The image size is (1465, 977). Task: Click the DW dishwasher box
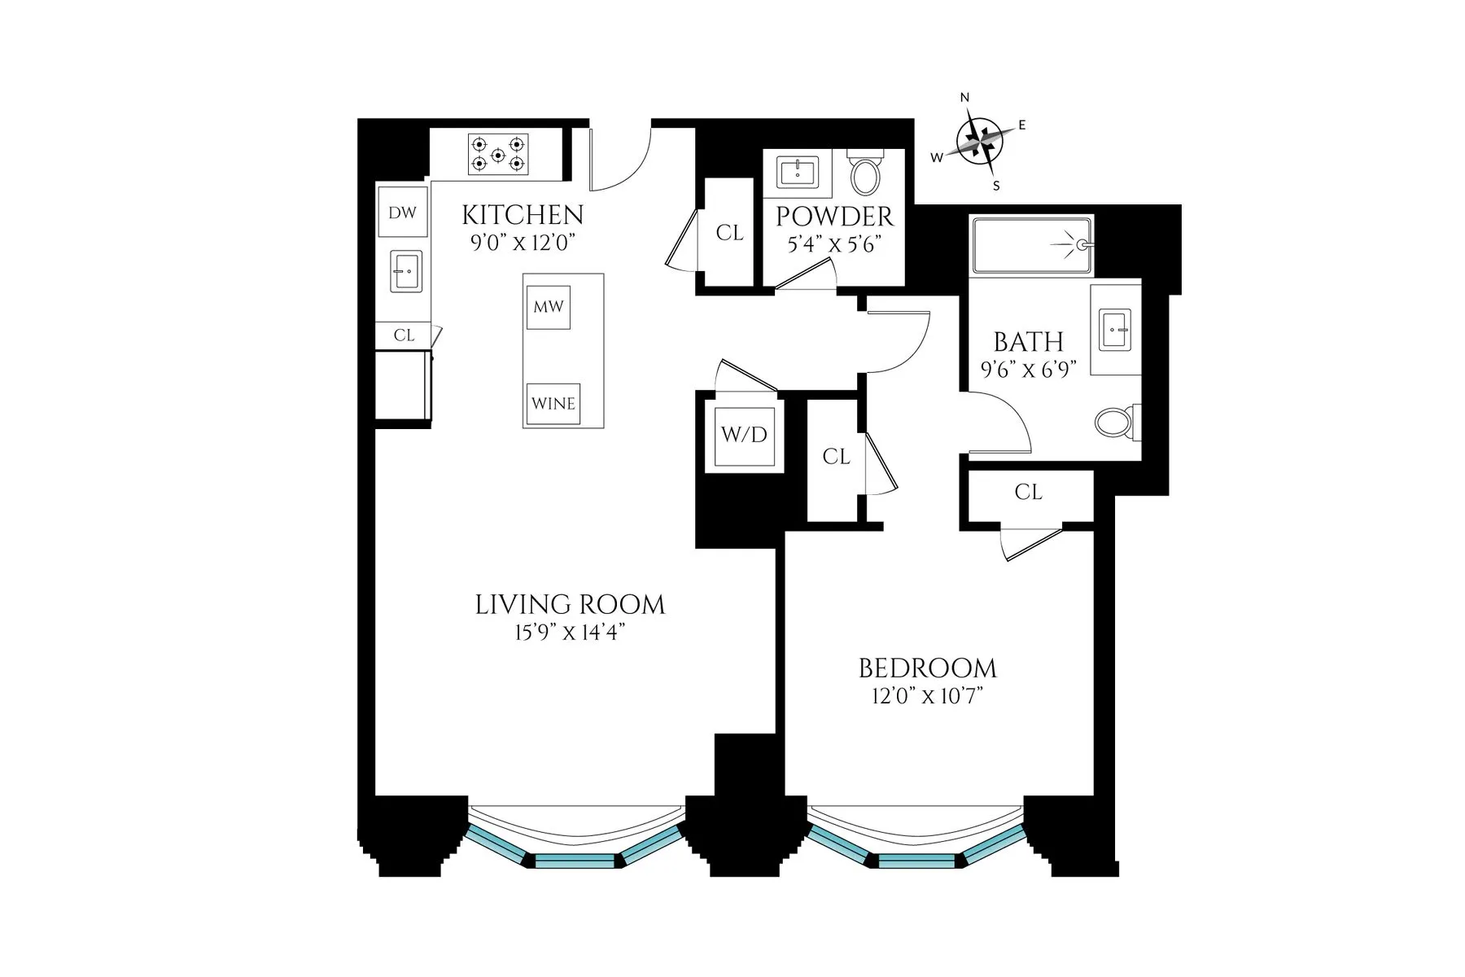tap(402, 213)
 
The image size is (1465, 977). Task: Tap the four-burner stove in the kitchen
tap(498, 155)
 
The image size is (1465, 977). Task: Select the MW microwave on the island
tap(549, 307)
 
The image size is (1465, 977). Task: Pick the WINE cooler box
tap(553, 404)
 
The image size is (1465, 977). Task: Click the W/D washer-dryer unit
tap(745, 435)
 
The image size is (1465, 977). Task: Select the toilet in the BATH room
tap(1117, 422)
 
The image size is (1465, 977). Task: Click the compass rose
tap(979, 142)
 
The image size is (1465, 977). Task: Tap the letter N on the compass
tap(965, 98)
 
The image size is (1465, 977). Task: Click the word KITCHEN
tap(523, 215)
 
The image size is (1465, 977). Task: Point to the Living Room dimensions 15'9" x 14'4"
tap(570, 633)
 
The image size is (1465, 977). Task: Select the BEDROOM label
tap(928, 668)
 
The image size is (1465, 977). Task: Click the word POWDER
tap(834, 217)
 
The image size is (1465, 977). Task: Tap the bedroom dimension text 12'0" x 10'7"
tap(927, 697)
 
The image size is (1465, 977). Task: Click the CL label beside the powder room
tap(729, 233)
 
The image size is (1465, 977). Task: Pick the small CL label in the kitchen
tap(404, 335)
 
